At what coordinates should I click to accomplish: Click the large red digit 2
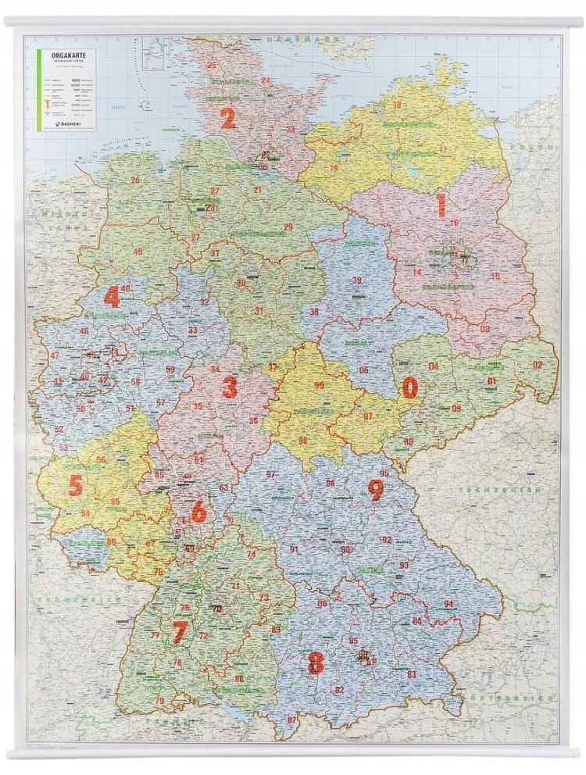[227, 118]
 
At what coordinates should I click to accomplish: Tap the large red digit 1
[441, 205]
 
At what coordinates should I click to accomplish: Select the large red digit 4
[113, 297]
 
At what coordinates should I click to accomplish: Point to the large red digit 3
[229, 386]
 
